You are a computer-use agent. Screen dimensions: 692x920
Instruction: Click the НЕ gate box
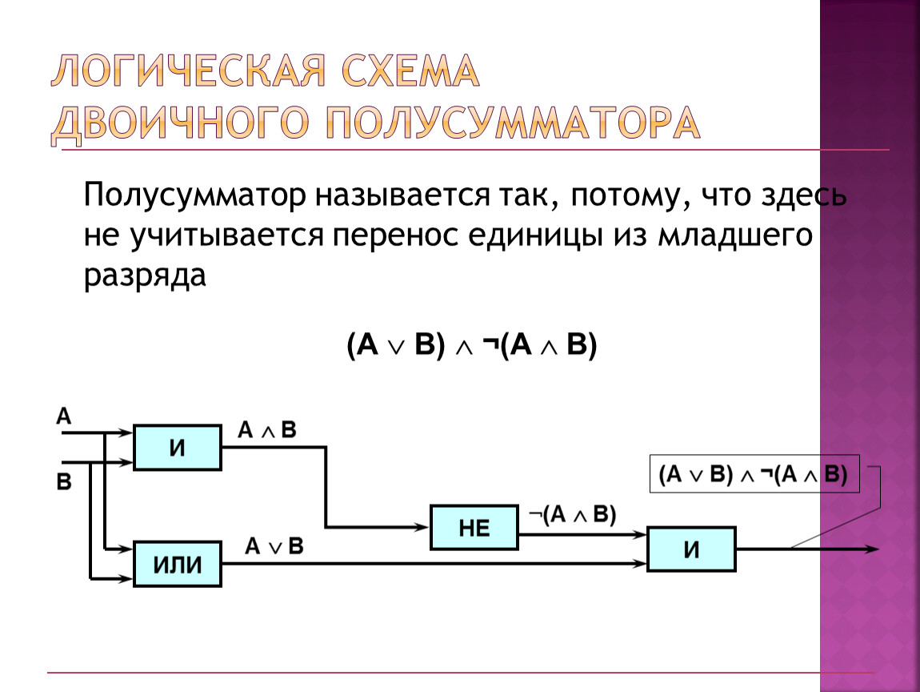(474, 527)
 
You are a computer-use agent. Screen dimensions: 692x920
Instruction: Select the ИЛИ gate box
(177, 564)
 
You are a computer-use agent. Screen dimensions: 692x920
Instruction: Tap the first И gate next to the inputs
(177, 447)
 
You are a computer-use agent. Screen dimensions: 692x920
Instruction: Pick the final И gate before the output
(691, 549)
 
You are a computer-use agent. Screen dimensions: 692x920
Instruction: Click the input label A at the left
(64, 416)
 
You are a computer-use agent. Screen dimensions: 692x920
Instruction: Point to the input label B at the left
(63, 482)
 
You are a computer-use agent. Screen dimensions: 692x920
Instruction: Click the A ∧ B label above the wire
(267, 430)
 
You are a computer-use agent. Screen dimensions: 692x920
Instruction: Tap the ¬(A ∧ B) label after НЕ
(572, 515)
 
